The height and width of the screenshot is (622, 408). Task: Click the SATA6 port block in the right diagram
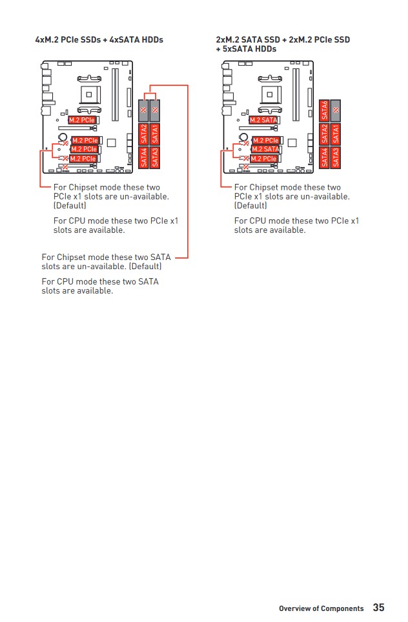coord(325,110)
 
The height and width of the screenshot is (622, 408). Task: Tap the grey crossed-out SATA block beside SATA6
coord(336,110)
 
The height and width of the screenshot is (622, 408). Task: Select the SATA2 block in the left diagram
coord(144,134)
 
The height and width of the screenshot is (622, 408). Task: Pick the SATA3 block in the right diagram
coord(336,157)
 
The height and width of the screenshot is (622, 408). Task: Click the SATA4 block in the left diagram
coord(144,157)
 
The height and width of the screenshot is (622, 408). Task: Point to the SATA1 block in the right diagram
coord(336,134)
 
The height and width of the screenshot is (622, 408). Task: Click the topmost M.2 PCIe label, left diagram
coord(82,120)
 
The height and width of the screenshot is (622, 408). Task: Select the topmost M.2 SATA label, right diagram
coord(263,120)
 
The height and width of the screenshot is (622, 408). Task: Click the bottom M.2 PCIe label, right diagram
coord(264,159)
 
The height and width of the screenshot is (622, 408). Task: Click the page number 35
coord(378,608)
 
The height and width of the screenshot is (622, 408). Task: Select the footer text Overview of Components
coord(321,608)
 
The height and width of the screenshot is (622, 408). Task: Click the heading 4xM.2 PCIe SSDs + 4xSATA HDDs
coord(99,40)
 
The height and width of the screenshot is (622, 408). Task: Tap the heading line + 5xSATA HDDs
coord(246,49)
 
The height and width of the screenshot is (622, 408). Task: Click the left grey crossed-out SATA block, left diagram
coord(144,110)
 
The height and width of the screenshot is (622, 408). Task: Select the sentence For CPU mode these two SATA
coord(99,281)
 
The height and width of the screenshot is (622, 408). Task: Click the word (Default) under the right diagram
coord(250,206)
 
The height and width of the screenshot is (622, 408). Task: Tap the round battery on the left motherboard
coord(63,137)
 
